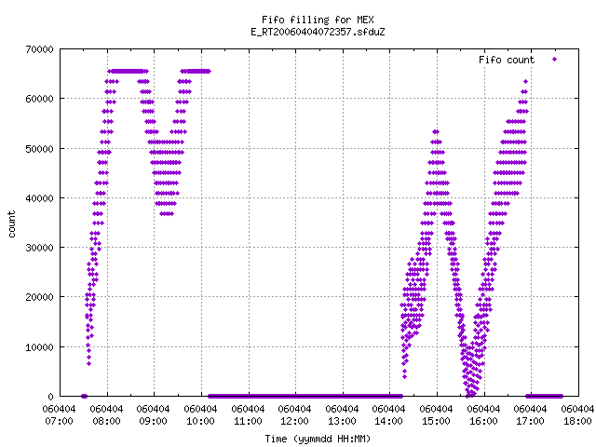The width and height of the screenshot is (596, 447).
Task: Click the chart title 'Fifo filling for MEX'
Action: click(x=318, y=20)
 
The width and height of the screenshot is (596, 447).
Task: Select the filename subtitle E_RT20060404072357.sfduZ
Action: click(x=318, y=32)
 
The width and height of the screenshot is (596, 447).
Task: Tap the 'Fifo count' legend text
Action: click(x=507, y=60)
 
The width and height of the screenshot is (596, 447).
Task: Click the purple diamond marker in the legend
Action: click(x=555, y=60)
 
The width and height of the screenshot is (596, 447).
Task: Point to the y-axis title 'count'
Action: click(x=12, y=224)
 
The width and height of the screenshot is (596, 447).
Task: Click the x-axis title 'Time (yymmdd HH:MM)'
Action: click(x=318, y=439)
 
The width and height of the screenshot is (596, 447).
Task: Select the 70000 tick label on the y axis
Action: click(x=39, y=49)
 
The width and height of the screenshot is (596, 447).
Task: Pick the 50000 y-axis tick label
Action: click(x=39, y=149)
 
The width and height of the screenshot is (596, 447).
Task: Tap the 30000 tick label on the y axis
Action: click(x=39, y=248)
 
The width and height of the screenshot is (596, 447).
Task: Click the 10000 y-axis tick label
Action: click(x=39, y=347)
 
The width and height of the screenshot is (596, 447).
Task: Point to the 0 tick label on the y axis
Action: click(x=50, y=397)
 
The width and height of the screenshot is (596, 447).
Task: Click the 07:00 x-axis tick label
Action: click(x=60, y=421)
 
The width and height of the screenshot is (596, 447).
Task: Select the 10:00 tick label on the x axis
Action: click(x=201, y=421)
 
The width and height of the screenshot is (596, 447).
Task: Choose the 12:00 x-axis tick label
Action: click(x=295, y=421)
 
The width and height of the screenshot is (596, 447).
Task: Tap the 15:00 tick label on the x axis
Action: click(x=437, y=421)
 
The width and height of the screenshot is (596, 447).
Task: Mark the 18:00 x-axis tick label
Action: click(x=577, y=421)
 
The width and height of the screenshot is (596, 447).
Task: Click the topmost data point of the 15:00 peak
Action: click(x=436, y=132)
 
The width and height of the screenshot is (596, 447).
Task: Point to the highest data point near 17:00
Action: click(x=525, y=81)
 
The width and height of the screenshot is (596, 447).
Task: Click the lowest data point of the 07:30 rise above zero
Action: click(x=89, y=364)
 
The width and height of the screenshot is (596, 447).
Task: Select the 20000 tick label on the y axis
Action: click(x=39, y=297)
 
